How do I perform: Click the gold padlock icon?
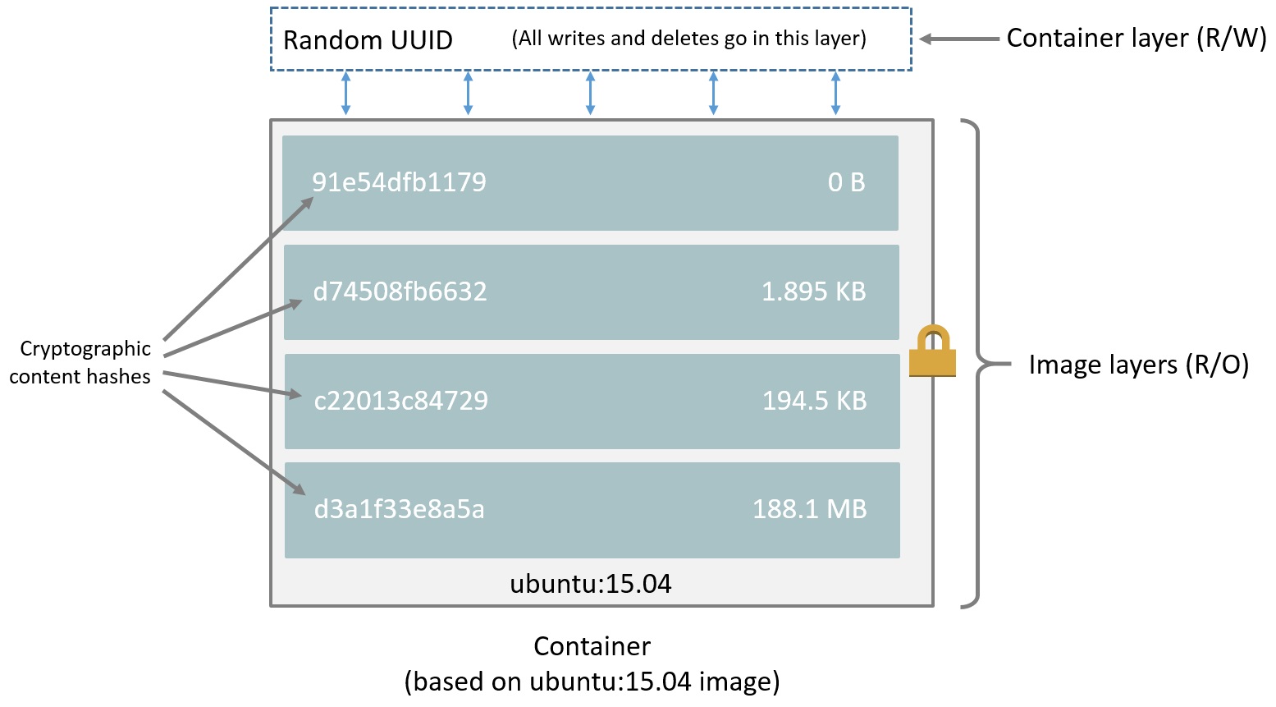pos(933,352)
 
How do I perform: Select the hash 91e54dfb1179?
pos(399,182)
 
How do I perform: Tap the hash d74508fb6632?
pos(400,292)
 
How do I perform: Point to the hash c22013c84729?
pos(400,401)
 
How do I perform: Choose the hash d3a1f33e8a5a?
pos(399,510)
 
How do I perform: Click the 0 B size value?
pos(846,182)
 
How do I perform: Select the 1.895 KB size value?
pos(813,292)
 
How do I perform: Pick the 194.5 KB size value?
pos(814,401)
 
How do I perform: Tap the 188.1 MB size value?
pos(809,510)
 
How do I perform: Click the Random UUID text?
pos(368,40)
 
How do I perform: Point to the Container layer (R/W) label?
pos(1137,39)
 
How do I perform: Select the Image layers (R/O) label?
pos(1138,365)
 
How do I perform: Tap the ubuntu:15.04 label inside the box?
pos(591,584)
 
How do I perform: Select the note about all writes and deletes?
pos(688,39)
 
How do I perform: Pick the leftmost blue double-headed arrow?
pos(345,93)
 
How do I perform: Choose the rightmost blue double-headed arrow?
pos(835,93)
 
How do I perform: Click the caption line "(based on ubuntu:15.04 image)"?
pos(592,682)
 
